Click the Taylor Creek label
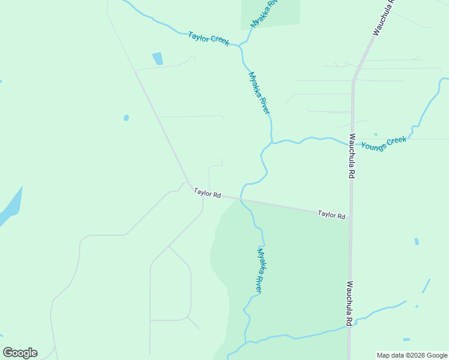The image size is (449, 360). tap(208, 38)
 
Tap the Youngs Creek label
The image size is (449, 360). tap(384, 143)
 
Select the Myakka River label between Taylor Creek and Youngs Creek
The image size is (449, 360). tap(259, 93)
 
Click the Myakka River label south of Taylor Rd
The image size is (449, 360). tap(260, 269)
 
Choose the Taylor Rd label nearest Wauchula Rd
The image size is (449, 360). tap(331, 214)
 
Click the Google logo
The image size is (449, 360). tap(20, 353)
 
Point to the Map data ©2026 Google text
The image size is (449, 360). tap(412, 355)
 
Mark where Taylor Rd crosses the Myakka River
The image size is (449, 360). tap(241, 199)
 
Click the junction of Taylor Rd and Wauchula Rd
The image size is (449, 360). tap(349, 220)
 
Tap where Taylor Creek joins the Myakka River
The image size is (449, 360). tap(241, 46)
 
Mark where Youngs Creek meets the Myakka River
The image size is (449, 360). tap(272, 143)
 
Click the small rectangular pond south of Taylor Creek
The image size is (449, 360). tap(158, 58)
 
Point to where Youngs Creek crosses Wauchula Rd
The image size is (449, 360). tap(352, 144)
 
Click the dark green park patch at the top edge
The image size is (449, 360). tap(270, 12)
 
